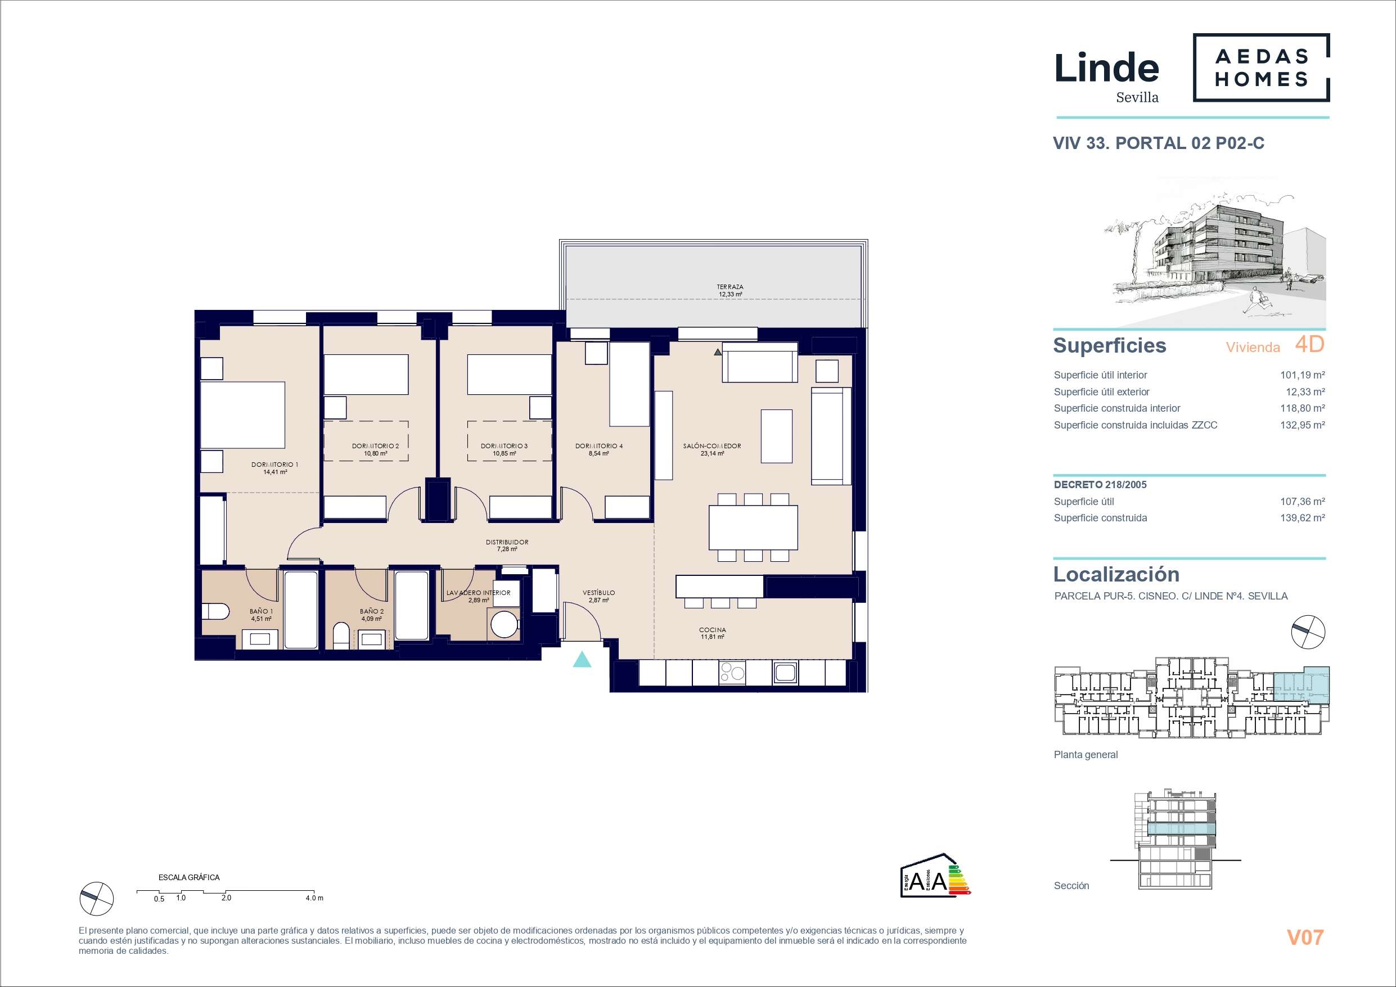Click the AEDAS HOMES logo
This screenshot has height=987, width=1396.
coord(1262,67)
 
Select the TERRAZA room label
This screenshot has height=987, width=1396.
coord(730,287)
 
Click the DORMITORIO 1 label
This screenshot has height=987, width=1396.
coord(275,465)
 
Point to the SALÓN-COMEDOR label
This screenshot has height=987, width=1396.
coord(712,446)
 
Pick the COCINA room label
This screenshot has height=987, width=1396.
coord(713,630)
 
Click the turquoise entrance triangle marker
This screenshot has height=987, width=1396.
coord(582,659)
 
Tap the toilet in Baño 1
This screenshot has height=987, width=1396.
coord(215,611)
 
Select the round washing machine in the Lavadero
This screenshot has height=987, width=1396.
coord(505,625)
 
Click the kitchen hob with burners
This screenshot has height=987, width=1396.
coord(732,673)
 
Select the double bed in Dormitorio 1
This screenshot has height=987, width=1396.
coord(242,414)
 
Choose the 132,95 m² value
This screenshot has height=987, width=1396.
coord(1303,425)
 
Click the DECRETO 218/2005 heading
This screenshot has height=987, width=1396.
coord(1100,485)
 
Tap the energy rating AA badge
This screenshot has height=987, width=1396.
coord(935,875)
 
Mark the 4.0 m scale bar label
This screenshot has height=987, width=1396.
coord(314,898)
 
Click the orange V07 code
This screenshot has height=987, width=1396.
coord(1305,937)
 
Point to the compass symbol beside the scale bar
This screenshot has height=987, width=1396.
coord(97,898)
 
